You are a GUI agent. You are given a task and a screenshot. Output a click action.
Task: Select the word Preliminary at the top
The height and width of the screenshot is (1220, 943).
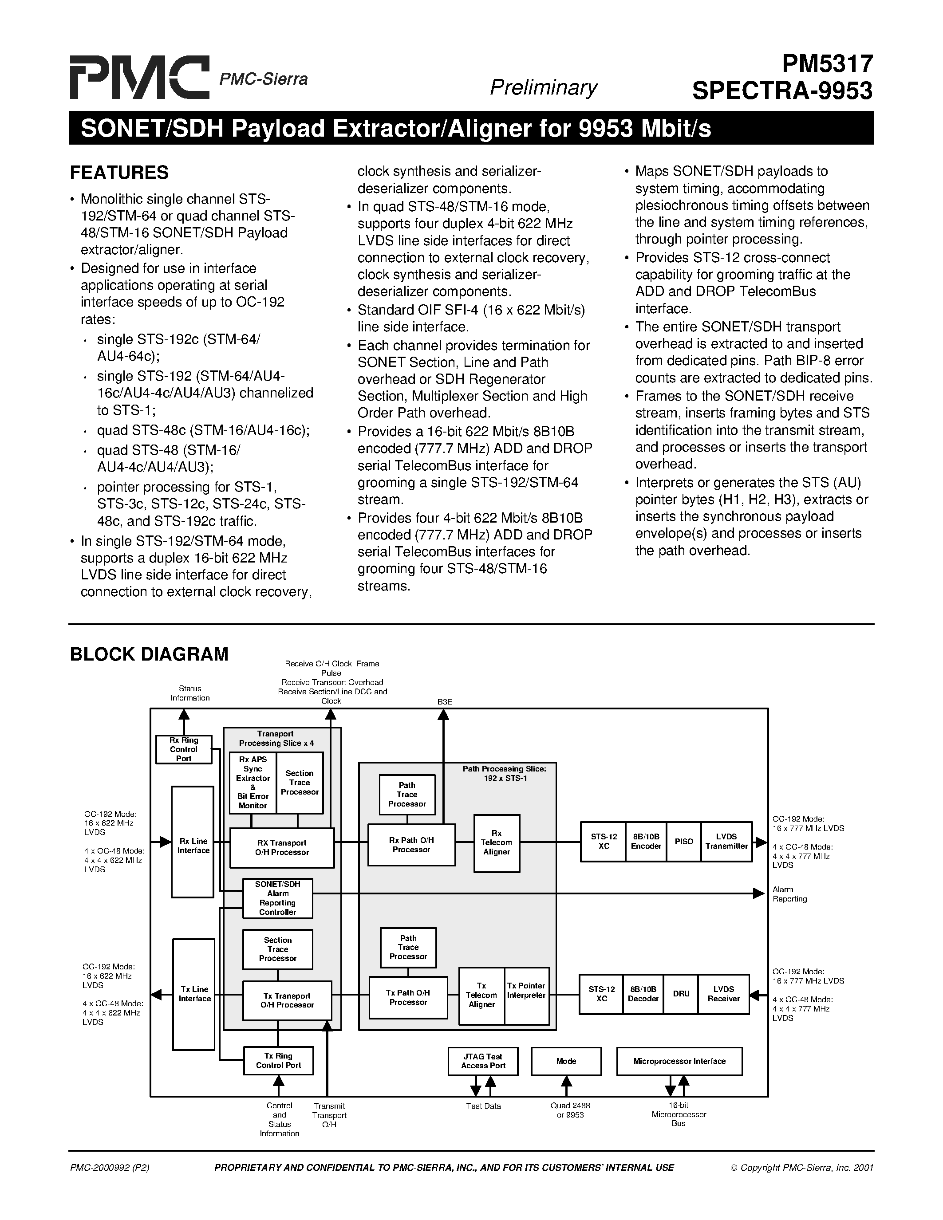pyautogui.click(x=543, y=87)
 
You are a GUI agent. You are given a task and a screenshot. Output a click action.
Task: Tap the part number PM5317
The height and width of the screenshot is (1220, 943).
pyautogui.click(x=827, y=64)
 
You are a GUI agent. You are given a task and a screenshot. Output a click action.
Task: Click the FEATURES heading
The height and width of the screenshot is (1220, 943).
pyautogui.click(x=119, y=173)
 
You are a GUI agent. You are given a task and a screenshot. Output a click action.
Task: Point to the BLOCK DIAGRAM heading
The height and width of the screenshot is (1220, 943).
pyautogui.click(x=149, y=654)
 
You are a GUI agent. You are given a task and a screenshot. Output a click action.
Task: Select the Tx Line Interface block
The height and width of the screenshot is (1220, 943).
pyautogui.click(x=194, y=994)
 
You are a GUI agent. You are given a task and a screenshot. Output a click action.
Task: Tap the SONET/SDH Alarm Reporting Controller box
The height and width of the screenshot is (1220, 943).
pyautogui.click(x=278, y=898)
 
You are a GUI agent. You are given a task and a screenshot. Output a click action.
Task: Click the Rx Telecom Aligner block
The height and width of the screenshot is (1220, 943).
pyautogui.click(x=496, y=843)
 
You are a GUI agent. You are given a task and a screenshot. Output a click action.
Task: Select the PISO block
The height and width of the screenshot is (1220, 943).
pyautogui.click(x=684, y=841)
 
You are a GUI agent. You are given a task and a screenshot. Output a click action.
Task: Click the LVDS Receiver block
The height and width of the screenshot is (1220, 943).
pyautogui.click(x=723, y=994)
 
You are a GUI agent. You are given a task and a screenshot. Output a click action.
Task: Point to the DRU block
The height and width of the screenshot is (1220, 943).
pyautogui.click(x=681, y=994)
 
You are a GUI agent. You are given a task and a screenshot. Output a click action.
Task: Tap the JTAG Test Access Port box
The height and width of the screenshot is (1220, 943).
pyautogui.click(x=483, y=1061)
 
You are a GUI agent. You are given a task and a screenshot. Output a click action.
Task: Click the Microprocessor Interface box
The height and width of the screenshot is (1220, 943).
pyautogui.click(x=679, y=1061)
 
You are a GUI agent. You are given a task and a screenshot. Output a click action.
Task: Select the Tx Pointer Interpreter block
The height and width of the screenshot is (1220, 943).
pyautogui.click(x=526, y=991)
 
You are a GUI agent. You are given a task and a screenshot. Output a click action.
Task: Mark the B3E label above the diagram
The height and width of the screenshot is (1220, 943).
pyautogui.click(x=445, y=702)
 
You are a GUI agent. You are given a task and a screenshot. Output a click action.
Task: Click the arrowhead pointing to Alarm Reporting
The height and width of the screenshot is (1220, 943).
pyautogui.click(x=759, y=893)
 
